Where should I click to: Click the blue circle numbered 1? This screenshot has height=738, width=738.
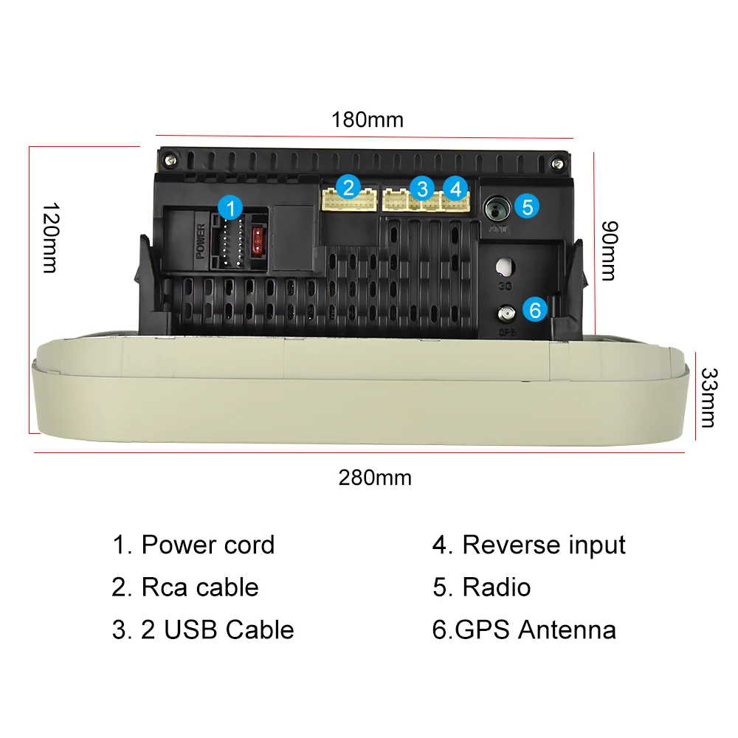232,208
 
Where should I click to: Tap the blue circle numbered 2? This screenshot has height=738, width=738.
349,187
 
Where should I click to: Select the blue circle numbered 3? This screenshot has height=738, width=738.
421,187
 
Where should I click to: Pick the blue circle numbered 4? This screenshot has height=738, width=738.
455,188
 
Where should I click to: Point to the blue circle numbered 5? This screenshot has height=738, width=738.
527,206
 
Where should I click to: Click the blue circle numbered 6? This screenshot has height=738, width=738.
535,309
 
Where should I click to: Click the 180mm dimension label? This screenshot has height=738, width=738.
367,120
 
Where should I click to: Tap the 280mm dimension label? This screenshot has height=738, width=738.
375,477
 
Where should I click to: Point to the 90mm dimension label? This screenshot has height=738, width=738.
607,250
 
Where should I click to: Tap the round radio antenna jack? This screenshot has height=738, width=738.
496,209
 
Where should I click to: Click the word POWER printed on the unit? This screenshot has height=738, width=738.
200,241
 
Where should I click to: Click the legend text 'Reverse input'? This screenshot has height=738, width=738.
543,545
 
